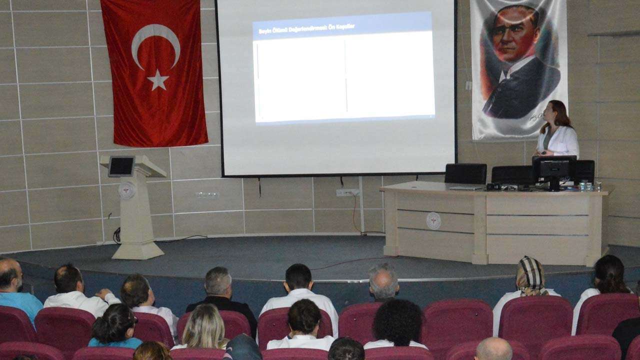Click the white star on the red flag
tap(158, 80)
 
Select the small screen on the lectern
tap(121, 166)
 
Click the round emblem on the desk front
tap(433, 220)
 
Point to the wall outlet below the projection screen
tap(347, 192)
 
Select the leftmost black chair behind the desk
tap(465, 173)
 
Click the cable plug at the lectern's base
tap(117, 235)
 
